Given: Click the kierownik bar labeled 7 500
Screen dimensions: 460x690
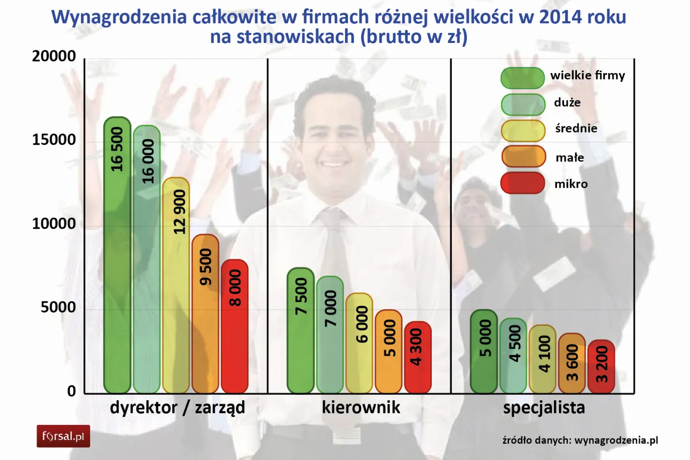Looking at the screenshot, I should (301, 331).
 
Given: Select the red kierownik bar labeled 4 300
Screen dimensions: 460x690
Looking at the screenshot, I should (418, 357).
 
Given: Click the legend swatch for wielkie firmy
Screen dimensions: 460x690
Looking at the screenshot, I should (522, 78).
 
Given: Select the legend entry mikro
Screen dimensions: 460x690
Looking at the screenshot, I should (571, 184).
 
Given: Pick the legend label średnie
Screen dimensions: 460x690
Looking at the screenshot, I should (576, 128).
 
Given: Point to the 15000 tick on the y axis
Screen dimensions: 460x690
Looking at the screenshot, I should (54, 140).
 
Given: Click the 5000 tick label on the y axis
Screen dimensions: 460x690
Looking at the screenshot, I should (58, 307).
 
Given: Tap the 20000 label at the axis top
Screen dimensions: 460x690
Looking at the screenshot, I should (54, 56).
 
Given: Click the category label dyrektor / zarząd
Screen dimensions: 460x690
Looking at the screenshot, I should (177, 408).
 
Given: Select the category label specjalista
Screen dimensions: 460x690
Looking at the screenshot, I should (544, 408).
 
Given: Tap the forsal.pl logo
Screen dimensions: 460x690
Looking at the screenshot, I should (63, 436).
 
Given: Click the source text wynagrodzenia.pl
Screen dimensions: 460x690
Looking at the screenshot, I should (616, 440).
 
